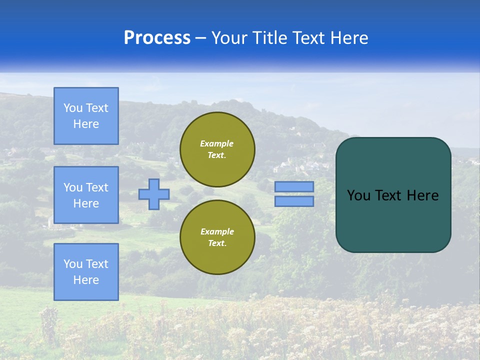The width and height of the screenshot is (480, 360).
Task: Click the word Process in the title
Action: pos(157,38)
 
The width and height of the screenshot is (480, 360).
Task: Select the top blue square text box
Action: pos(86,116)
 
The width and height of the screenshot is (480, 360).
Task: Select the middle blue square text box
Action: pos(86,195)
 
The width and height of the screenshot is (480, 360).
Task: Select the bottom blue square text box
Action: pos(86,272)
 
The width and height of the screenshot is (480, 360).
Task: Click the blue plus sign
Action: pos(154,194)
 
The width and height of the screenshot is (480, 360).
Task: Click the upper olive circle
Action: pos(217,149)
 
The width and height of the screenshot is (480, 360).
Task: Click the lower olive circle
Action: pos(217,237)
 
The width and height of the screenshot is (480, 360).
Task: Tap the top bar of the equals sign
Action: pos(294,186)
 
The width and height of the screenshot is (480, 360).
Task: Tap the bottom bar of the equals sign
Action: pos(294,201)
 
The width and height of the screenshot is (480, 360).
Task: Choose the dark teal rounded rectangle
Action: pos(393,220)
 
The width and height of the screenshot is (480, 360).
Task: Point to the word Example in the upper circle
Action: pos(217,143)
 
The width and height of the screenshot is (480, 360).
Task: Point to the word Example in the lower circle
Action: pos(217,231)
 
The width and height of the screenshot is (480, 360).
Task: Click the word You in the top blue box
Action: pos(73,108)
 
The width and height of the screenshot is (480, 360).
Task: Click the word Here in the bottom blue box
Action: pos(86,280)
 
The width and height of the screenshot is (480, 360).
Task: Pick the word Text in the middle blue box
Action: pos(96,187)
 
